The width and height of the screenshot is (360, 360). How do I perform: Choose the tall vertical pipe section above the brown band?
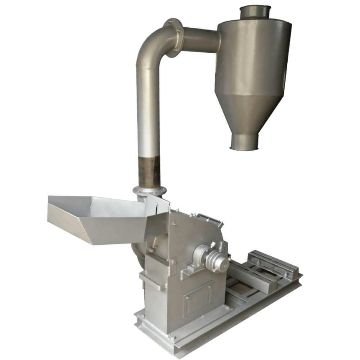pos(148,108)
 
